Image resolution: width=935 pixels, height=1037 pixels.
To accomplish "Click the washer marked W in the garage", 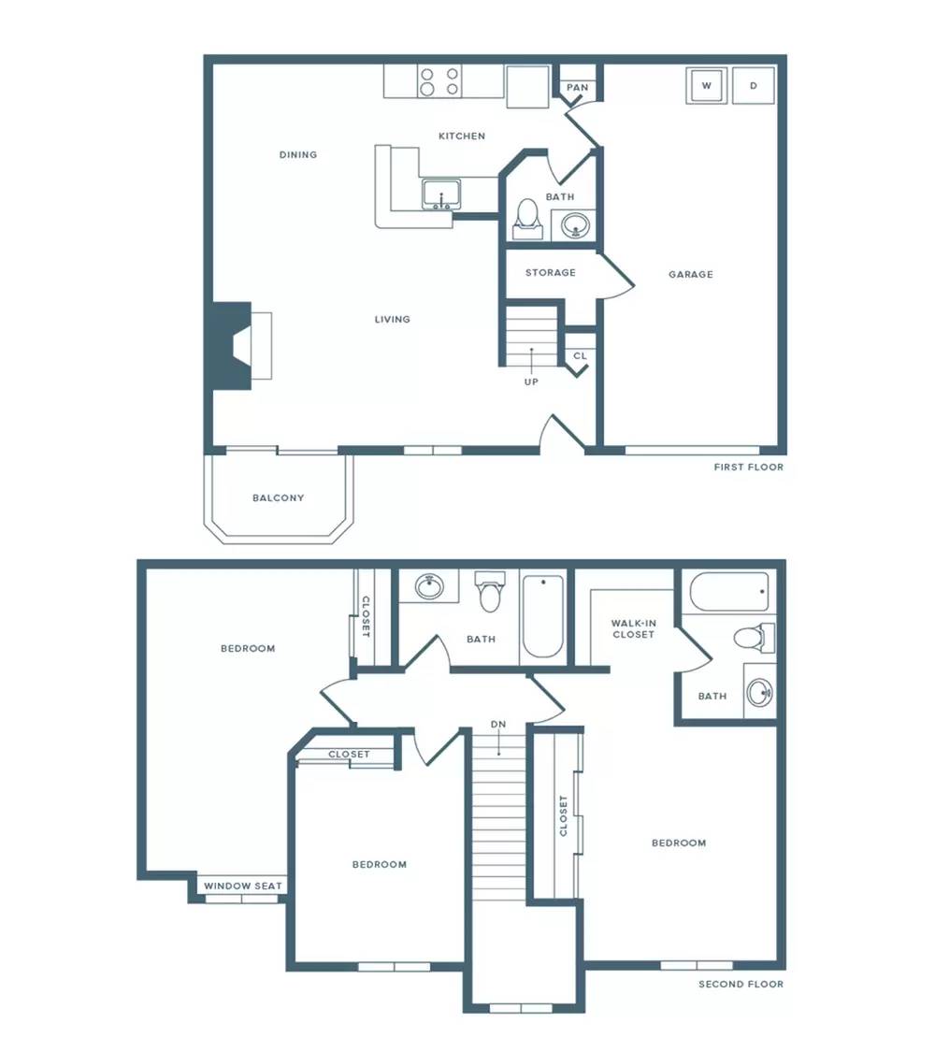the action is [707, 85].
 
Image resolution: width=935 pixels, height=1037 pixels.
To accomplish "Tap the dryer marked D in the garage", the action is [754, 85].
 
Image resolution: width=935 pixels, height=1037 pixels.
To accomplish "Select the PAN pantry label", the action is [577, 87].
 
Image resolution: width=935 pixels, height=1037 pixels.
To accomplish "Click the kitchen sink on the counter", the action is [441, 194].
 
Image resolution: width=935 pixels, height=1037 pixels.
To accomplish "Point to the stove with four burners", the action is [439, 81].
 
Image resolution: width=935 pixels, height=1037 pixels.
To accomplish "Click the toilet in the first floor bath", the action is [527, 219].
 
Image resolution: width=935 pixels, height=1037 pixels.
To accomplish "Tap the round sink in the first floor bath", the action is [575, 225].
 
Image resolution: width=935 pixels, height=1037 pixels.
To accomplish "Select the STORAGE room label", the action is [550, 272].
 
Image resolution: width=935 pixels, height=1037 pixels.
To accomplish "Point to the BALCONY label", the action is [279, 498].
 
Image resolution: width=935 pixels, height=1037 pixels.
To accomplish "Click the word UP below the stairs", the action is [532, 382].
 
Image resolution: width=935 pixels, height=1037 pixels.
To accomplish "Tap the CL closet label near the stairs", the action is [580, 356].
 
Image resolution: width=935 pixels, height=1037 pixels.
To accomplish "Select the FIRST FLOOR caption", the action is [749, 467].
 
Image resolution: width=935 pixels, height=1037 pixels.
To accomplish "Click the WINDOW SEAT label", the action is [243, 886].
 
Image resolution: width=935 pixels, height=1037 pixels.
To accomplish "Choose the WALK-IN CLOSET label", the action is [634, 628].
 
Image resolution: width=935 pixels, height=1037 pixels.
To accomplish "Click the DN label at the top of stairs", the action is [498, 724].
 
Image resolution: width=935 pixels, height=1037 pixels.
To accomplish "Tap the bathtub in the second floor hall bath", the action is [542, 616].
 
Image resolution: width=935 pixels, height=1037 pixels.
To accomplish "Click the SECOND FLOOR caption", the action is [741, 984].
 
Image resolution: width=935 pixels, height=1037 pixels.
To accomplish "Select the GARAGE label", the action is [690, 275].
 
